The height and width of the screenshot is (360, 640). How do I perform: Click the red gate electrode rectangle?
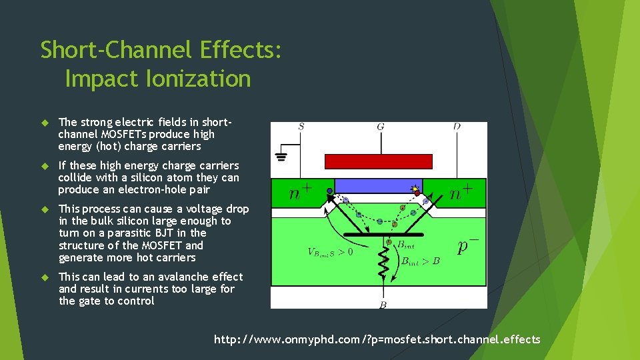[378, 161]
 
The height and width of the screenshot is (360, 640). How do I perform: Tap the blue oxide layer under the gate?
[378, 185]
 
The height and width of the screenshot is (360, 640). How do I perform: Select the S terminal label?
[301, 127]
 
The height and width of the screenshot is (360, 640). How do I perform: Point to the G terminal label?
[380, 127]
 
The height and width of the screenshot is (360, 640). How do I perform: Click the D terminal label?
[456, 127]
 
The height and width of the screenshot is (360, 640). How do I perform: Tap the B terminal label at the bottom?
[383, 305]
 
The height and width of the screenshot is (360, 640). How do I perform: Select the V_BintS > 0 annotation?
[330, 252]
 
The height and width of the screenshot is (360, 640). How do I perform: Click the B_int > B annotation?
[420, 261]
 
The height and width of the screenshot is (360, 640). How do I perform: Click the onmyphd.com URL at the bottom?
[377, 340]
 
